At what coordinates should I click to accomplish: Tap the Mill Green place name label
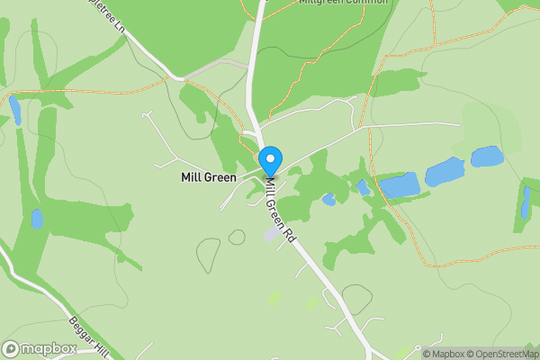(209, 178)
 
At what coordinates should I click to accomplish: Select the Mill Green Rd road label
(281, 209)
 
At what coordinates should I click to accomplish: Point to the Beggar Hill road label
(89, 337)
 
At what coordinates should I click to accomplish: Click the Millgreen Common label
(343, 3)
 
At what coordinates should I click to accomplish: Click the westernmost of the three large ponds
(399, 185)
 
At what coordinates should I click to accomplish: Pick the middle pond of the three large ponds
(444, 171)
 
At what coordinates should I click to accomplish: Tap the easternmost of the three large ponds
(487, 157)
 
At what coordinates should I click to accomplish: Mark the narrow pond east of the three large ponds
(526, 203)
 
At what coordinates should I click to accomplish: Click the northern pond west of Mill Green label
(15, 110)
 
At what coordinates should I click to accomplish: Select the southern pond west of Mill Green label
(37, 218)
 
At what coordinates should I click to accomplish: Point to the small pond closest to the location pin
(328, 199)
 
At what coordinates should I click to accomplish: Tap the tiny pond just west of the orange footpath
(363, 187)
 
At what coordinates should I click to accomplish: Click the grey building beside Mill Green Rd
(271, 234)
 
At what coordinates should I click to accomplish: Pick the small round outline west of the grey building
(237, 237)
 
